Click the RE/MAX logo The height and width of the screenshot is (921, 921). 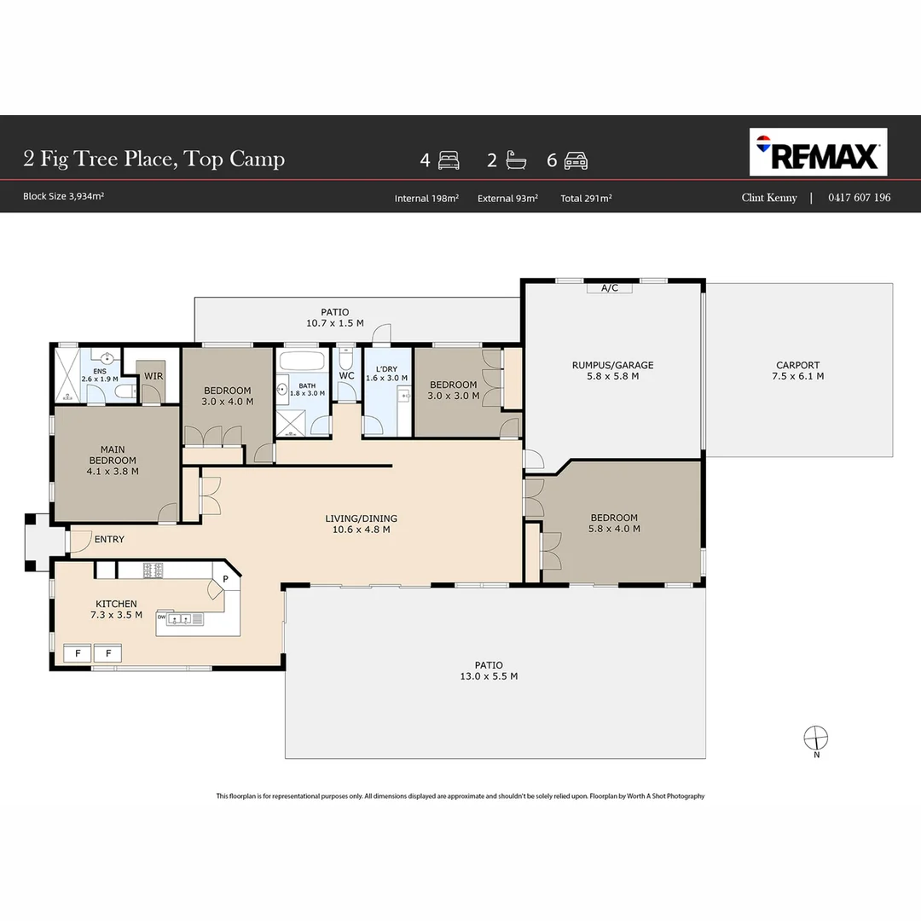click(x=818, y=152)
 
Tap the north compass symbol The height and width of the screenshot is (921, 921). click(x=816, y=739)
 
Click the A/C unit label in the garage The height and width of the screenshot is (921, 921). click(x=610, y=288)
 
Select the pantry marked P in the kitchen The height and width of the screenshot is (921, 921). click(x=225, y=579)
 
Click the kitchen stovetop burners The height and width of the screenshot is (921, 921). click(x=153, y=570)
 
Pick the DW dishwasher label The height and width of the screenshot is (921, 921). click(x=161, y=617)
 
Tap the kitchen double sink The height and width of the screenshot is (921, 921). click(x=180, y=619)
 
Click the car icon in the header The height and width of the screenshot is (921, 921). click(x=576, y=160)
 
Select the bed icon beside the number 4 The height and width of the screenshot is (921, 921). click(x=449, y=160)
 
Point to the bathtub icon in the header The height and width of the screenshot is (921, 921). click(x=516, y=160)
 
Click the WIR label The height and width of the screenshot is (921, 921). click(x=153, y=376)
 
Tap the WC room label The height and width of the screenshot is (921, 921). click(x=346, y=375)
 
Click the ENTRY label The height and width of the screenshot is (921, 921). click(x=109, y=539)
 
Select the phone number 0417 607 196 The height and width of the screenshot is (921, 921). click(x=860, y=197)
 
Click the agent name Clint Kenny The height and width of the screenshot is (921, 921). click(x=769, y=197)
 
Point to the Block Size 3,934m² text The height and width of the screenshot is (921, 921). click(x=63, y=196)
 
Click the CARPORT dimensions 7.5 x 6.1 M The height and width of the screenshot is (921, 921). click(x=797, y=376)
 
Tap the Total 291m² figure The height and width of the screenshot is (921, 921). click(x=586, y=199)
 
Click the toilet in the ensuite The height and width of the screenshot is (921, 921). click(x=125, y=391)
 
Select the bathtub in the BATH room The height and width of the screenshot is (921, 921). click(x=301, y=360)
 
